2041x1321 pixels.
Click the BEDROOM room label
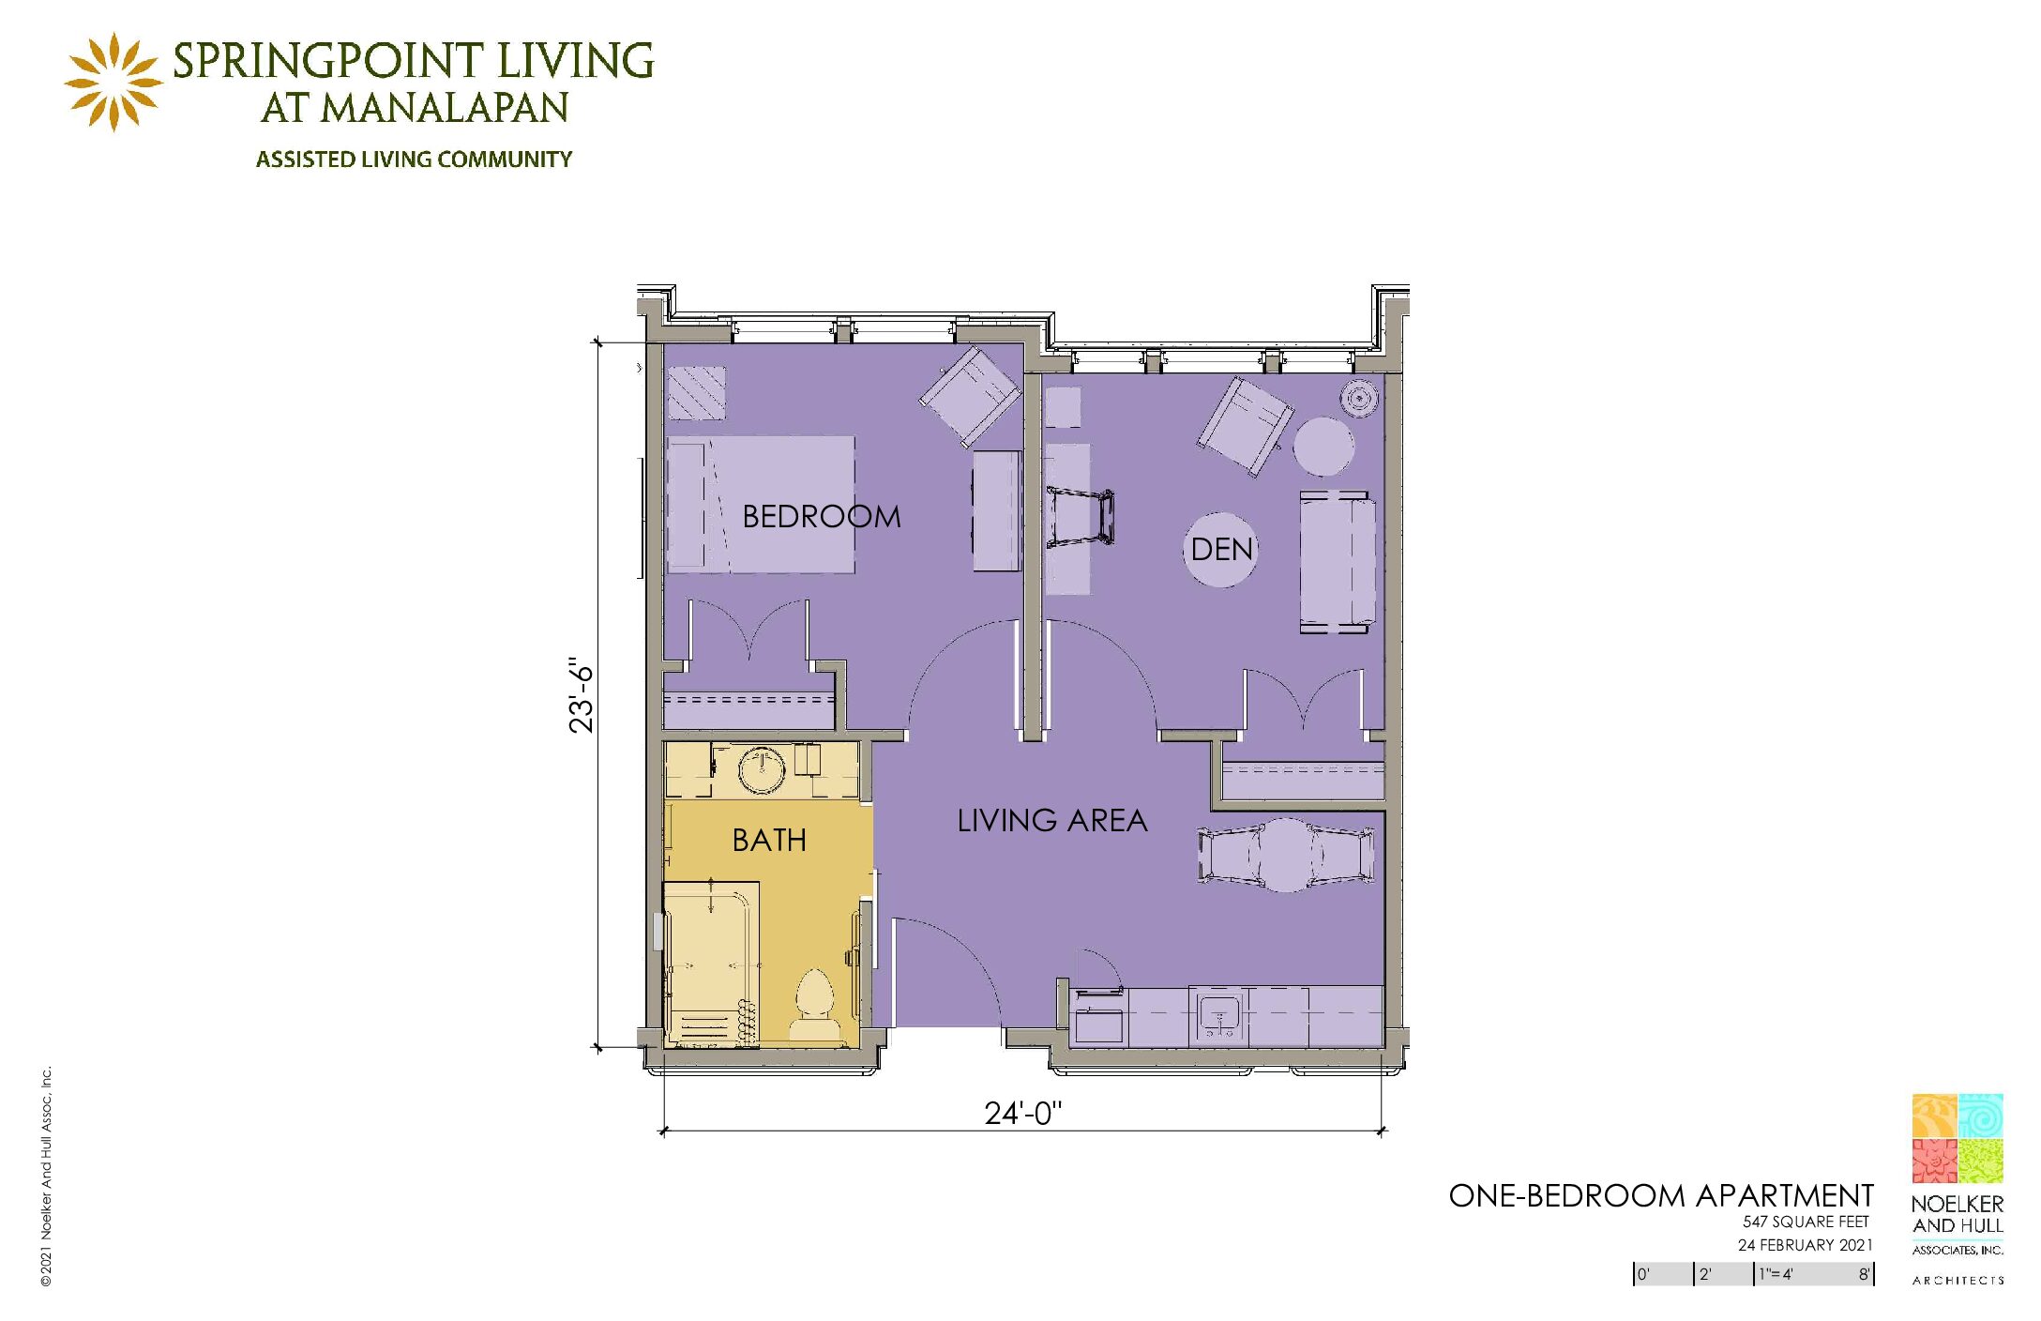pos(821,516)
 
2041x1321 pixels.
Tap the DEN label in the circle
pos(1221,549)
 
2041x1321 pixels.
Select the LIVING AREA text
pos(1051,821)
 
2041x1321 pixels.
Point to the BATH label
pos(769,840)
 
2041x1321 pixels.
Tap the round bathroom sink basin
pos(762,771)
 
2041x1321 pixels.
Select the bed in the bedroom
pos(761,505)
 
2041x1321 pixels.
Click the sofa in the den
pos(1338,561)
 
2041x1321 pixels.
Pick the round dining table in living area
pos(1286,855)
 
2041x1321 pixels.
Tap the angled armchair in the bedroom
pos(971,395)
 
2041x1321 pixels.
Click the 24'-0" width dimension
pos(1022,1114)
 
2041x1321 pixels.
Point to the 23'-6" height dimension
pos(582,697)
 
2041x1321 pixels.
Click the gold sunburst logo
pos(113,83)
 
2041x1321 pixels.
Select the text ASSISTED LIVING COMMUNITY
pos(414,159)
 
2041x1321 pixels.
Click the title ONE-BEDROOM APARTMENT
pos(1661,1196)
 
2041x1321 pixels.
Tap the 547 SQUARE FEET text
pos(1806,1222)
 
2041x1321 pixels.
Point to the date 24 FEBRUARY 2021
pos(1805,1245)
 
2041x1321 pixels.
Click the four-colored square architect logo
pos(1958,1138)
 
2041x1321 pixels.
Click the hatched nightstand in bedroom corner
pos(696,392)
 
